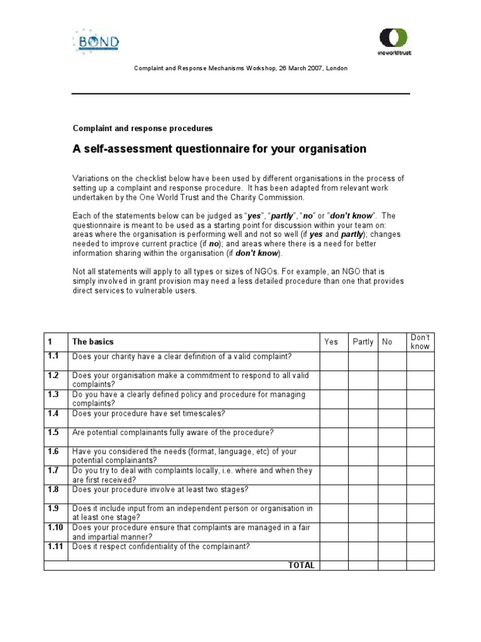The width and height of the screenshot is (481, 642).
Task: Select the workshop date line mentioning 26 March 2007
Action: click(x=240, y=68)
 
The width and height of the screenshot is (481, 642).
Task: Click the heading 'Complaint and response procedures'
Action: click(x=143, y=128)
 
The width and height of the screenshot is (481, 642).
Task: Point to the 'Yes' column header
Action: click(x=331, y=342)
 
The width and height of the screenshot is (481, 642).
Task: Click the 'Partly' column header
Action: click(x=363, y=342)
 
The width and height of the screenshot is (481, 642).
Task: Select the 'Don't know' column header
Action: click(x=420, y=342)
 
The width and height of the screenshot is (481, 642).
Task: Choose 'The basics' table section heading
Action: click(x=93, y=342)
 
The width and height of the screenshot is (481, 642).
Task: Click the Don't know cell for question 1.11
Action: click(x=420, y=550)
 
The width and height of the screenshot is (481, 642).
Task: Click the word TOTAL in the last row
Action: click(x=301, y=565)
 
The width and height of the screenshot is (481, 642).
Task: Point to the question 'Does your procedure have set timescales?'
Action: click(x=148, y=414)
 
